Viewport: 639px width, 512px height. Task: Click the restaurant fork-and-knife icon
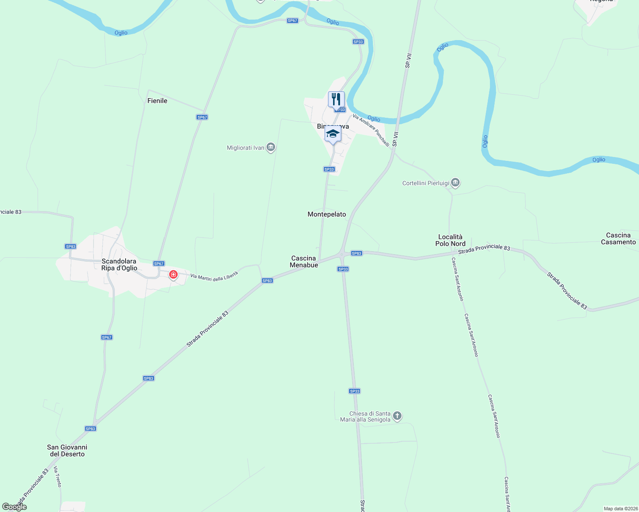pos(336,99)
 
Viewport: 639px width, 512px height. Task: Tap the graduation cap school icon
pos(333,134)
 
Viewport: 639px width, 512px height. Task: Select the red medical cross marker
pos(173,275)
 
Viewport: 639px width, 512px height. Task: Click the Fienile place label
pos(157,101)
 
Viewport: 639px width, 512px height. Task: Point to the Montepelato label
pos(327,214)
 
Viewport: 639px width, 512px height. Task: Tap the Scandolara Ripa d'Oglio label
pos(119,265)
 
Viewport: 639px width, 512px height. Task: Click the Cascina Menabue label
pos(304,262)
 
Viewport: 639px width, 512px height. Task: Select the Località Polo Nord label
pos(450,240)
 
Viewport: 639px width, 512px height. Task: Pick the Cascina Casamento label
pos(618,239)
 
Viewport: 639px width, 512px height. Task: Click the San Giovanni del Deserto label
pos(67,451)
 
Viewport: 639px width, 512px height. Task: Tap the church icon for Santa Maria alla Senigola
pos(397,416)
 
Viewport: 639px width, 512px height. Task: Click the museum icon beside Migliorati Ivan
pos(270,148)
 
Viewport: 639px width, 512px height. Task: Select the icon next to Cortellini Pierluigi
pos(455,183)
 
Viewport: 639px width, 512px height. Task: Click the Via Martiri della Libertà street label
pos(214,276)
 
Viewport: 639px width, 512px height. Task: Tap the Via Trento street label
pos(57,477)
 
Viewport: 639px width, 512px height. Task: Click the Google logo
pos(15,507)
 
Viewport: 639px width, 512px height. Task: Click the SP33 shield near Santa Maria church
pos(355,391)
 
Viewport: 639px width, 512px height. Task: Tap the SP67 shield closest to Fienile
pos(202,117)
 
